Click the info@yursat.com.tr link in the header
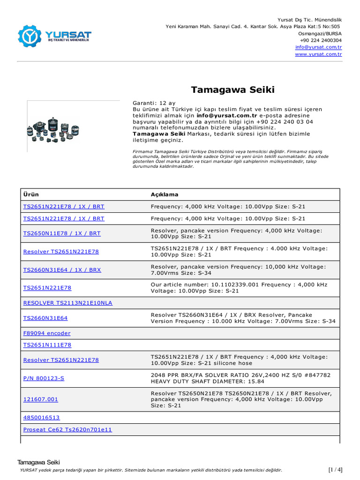(x=318, y=47)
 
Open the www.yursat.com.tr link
(x=318, y=54)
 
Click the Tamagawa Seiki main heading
(x=233, y=90)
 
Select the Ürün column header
(x=31, y=195)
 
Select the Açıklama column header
(x=165, y=195)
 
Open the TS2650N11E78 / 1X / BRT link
(x=62, y=233)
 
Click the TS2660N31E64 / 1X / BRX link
(x=62, y=270)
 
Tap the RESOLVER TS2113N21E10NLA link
(x=68, y=303)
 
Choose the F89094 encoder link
(x=47, y=333)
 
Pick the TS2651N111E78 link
(x=47, y=345)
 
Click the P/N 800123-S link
(x=44, y=378)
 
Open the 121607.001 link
(x=41, y=399)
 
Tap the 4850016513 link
(x=42, y=418)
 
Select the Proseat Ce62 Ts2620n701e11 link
(x=68, y=429)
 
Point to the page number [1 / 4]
(x=335, y=470)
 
